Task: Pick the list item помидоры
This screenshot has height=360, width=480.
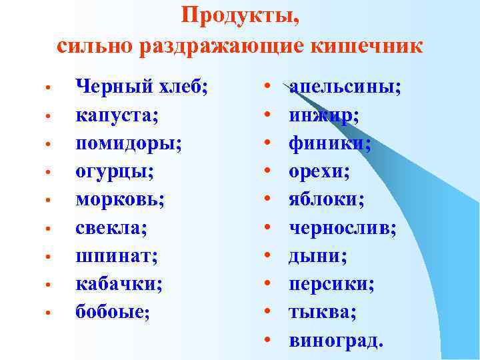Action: [128, 143]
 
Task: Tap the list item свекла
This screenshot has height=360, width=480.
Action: [112, 228]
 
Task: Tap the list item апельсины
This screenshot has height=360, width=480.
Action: [345, 87]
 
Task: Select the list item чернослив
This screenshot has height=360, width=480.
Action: [342, 228]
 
